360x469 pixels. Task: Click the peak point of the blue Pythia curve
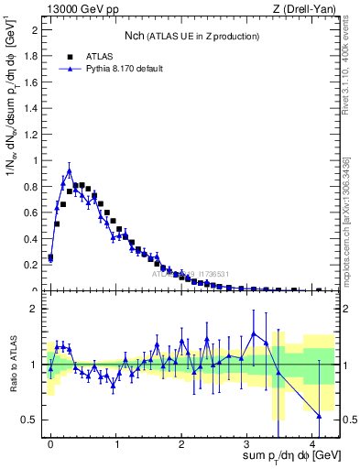70,169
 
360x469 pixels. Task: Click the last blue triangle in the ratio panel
319,416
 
